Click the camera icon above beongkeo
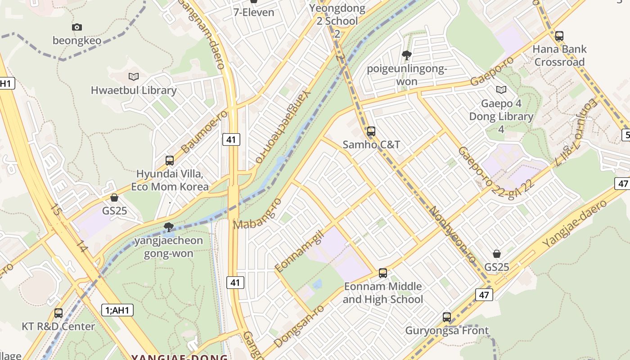click(77, 27)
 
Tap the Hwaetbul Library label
click(134, 90)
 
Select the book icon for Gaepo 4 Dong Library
click(501, 90)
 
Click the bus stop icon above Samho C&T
click(371, 131)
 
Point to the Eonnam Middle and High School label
click(383, 292)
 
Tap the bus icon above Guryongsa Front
click(447, 317)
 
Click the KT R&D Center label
click(58, 326)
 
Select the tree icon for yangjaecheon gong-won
click(169, 227)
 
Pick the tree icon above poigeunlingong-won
click(407, 56)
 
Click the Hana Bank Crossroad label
click(559, 55)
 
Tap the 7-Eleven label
click(254, 12)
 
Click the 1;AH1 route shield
click(117, 310)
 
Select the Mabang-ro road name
click(257, 213)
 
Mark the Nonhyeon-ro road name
click(452, 234)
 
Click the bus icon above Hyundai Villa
click(170, 161)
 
